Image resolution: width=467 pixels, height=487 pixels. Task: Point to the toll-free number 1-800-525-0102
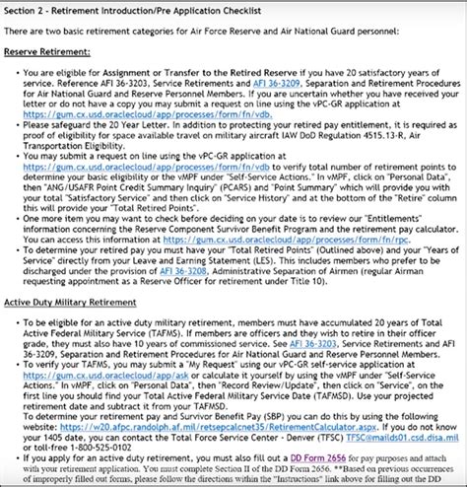click(117, 444)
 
